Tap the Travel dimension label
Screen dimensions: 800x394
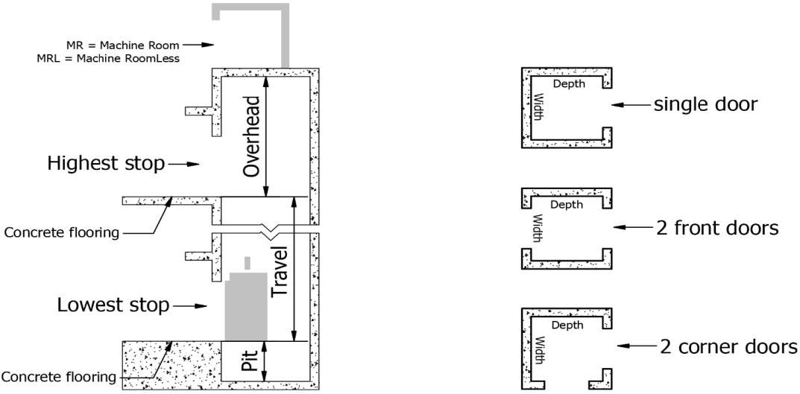point(280,273)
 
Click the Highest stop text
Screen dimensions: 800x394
point(106,164)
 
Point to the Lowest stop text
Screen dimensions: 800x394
point(113,305)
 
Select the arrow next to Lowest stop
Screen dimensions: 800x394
point(190,306)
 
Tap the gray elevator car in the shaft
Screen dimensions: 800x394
point(245,307)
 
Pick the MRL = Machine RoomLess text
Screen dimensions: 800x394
point(108,58)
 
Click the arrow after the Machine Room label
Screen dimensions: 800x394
point(198,45)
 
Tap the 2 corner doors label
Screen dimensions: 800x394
point(728,346)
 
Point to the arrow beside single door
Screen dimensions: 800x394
point(630,105)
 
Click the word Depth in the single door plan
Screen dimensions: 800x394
point(569,84)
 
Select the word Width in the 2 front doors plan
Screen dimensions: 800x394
point(537,227)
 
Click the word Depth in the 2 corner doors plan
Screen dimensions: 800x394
point(567,325)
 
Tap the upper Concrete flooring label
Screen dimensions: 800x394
point(61,233)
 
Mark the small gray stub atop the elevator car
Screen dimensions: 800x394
point(248,262)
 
